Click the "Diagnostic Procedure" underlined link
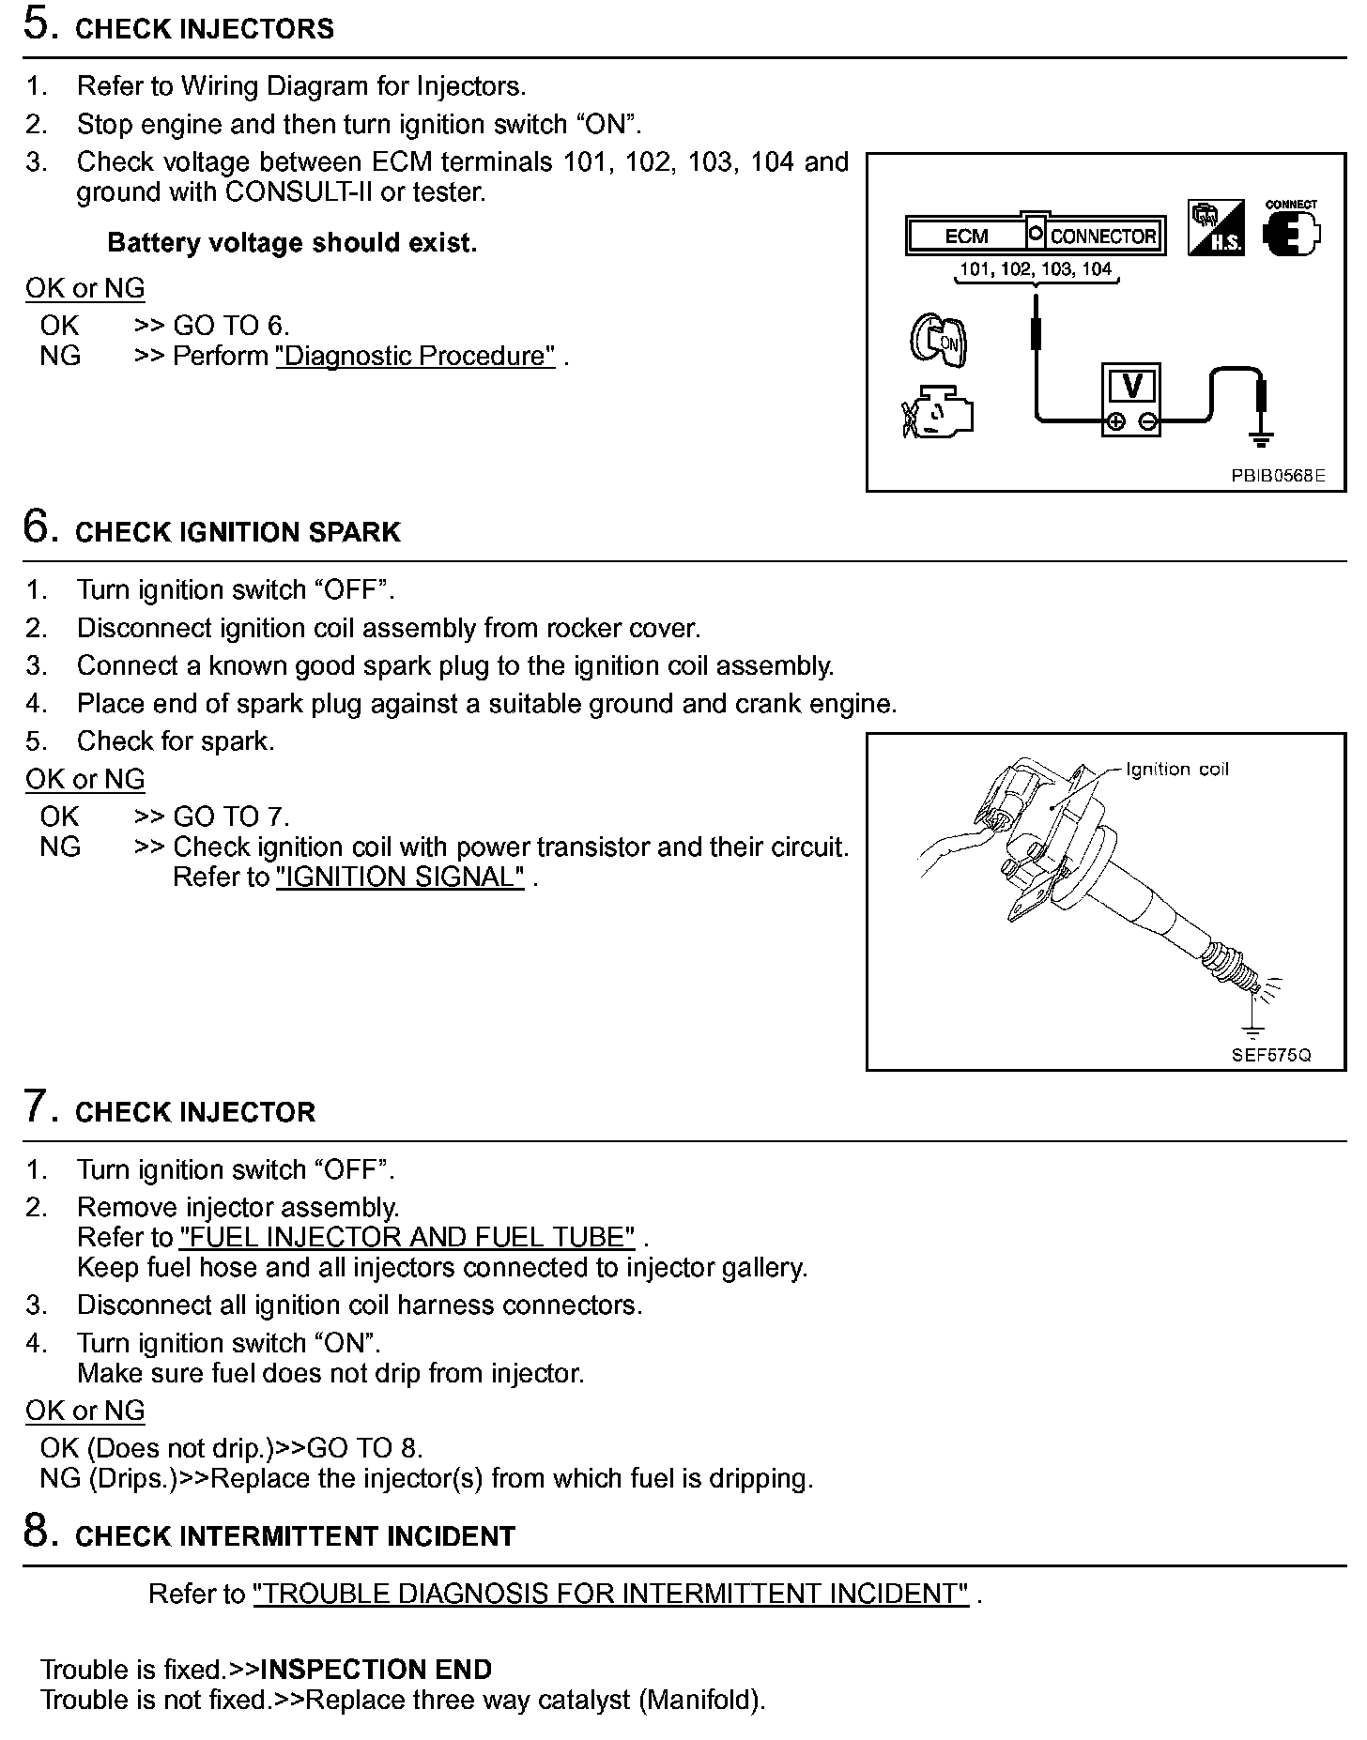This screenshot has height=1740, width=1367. pos(415,357)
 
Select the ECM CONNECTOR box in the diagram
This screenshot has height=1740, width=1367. pos(1034,236)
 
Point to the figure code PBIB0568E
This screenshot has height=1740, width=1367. pos(1278,476)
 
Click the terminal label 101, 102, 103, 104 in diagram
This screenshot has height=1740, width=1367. pos(1035,269)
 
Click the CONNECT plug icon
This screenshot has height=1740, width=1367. pos(1291,230)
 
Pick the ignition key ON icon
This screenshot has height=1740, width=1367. pos(937,340)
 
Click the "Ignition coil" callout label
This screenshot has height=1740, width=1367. pos(1176,770)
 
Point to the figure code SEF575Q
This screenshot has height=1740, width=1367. pos(1271,1055)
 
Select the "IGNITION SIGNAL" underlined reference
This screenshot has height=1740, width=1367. pos(400,878)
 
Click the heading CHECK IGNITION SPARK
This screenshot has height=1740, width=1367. pos(238,532)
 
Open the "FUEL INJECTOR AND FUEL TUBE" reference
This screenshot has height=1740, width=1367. pos(407,1237)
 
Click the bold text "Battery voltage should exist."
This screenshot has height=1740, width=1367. pos(292,243)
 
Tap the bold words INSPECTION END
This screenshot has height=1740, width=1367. pos(376,1670)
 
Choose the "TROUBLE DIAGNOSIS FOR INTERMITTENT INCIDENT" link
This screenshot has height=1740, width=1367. pos(610,1594)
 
